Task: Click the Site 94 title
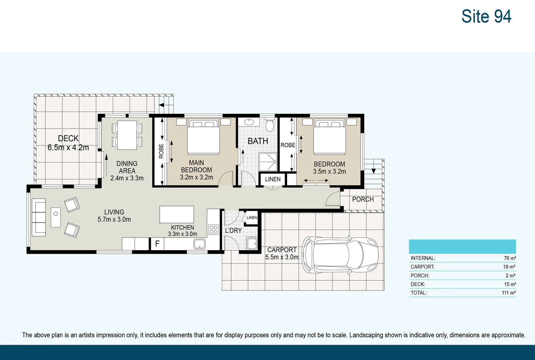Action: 486,16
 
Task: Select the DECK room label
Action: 68,138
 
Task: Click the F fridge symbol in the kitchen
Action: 157,244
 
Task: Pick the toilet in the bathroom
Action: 270,125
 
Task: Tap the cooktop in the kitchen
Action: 213,229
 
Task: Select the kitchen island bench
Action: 177,214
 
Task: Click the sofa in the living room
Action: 39,217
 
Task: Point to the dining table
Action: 127,135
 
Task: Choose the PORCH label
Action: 363,199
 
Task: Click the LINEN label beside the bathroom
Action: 272,179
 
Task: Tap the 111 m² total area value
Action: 509,293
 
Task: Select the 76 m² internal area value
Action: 510,258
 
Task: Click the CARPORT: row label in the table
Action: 423,267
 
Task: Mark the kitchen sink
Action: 199,244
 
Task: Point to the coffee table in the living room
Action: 56,217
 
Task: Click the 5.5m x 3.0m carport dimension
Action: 282,257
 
